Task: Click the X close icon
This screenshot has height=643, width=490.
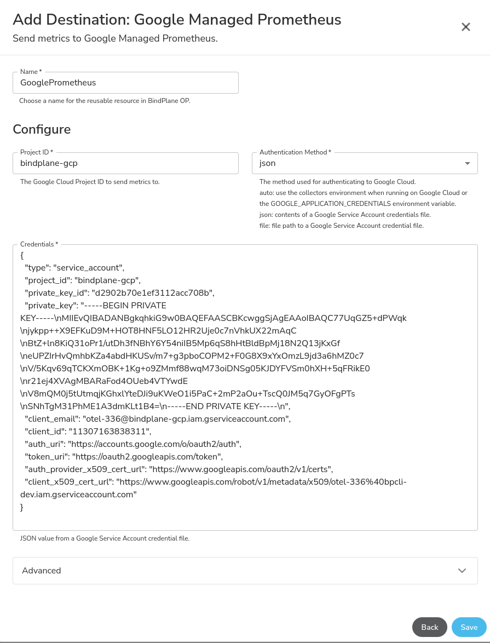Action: pos(466,27)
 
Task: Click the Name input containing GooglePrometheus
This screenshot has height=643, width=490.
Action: pos(125,83)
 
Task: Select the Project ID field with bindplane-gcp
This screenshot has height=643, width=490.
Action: pos(125,163)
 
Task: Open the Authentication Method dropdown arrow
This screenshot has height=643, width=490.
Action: pos(467,163)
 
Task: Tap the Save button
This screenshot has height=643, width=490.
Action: pos(469,627)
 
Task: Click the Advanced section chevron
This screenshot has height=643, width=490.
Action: pos(462,571)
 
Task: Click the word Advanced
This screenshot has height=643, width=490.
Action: pos(42,571)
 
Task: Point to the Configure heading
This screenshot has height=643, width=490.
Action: pos(42,129)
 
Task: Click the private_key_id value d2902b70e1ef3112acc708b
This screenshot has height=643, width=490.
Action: pos(153,292)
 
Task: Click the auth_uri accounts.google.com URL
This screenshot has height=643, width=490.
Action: pos(154,444)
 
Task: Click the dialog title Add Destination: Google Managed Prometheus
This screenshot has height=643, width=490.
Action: pos(177,20)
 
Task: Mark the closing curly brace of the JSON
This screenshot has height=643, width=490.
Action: pos(22,507)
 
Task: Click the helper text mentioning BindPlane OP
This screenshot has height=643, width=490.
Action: pos(105,101)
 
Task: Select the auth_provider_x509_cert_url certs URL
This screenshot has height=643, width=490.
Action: pos(241,469)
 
